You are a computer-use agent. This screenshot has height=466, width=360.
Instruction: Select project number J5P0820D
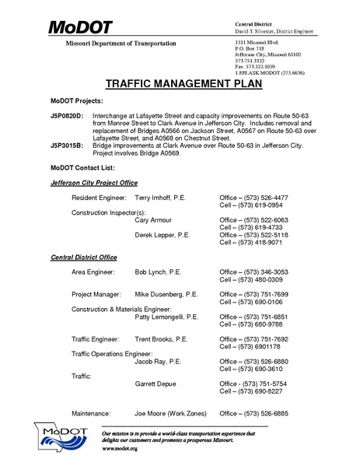pyautogui.click(x=66, y=114)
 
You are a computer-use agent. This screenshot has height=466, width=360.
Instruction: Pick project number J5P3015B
pyautogui.click(x=66, y=145)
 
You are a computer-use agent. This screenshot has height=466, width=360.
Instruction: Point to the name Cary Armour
pyautogui.click(x=156, y=220)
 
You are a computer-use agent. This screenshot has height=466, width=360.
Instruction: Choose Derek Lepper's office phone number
pyautogui.click(x=253, y=234)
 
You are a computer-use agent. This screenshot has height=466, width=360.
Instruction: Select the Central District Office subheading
pyautogui.click(x=84, y=256)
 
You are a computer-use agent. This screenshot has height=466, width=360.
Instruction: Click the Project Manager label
pyautogui.click(x=96, y=295)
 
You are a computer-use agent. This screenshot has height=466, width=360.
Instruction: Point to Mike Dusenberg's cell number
pyautogui.click(x=250, y=303)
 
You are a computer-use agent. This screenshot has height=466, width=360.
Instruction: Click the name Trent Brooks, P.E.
pyautogui.click(x=161, y=339)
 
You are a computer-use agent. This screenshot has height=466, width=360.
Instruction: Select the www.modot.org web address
pyautogui.click(x=120, y=450)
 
